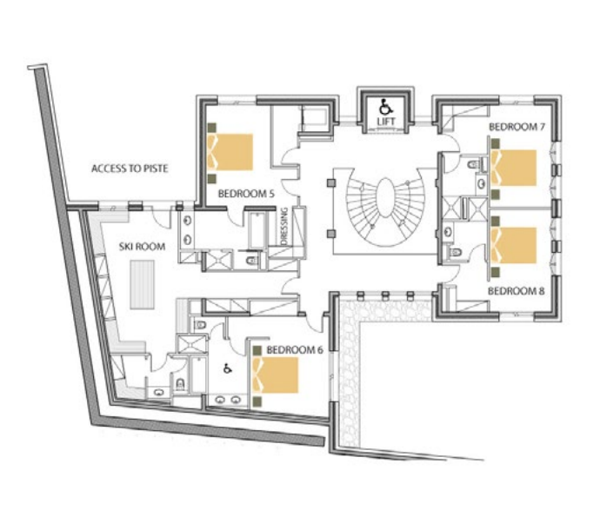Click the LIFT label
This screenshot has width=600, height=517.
[385, 121]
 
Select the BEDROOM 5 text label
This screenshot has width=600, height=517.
[246, 193]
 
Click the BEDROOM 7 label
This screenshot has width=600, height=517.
[517, 127]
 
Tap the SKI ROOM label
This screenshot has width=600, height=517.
[142, 247]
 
